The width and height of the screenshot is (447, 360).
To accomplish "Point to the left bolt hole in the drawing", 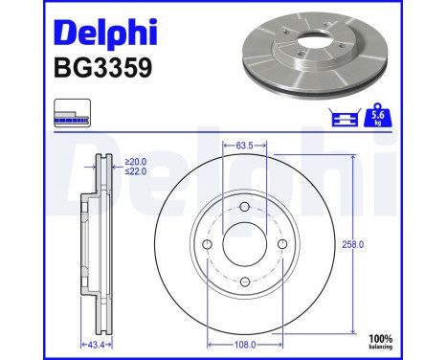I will [x=208, y=245].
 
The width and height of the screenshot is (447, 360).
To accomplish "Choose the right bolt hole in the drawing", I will [x=280, y=245].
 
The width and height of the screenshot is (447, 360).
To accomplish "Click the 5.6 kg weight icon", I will [x=377, y=117].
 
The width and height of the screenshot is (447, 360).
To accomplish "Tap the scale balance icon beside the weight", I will [x=342, y=117].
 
